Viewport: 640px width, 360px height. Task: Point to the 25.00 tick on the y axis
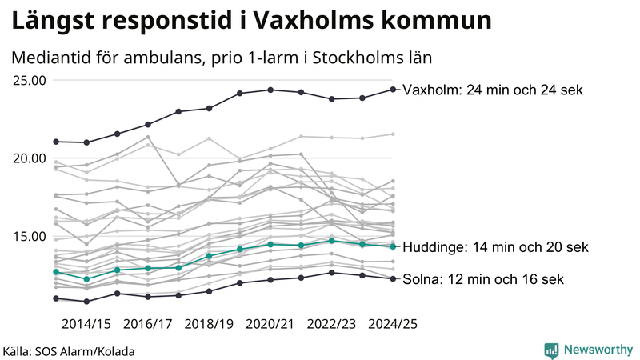[x=27, y=80]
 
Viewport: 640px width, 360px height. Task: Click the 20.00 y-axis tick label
[x=27, y=158]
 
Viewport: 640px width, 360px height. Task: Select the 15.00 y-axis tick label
[x=27, y=236]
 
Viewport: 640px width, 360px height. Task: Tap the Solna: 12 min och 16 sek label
[x=483, y=279]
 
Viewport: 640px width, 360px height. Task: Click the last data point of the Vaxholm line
[x=393, y=89]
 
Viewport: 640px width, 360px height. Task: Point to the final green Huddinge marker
[x=393, y=246]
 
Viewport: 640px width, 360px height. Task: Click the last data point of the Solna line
[x=393, y=278]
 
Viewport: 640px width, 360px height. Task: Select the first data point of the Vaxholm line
[x=56, y=142]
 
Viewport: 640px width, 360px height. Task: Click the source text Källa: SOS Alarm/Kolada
[x=69, y=351]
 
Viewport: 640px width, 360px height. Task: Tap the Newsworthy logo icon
[x=551, y=350]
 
